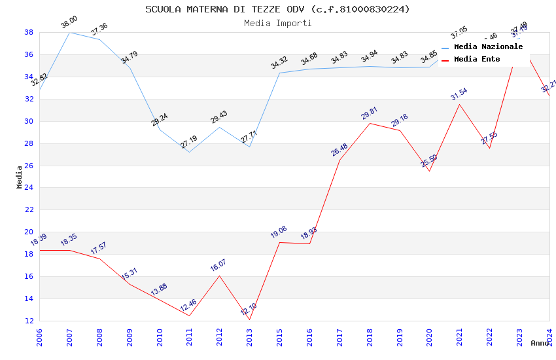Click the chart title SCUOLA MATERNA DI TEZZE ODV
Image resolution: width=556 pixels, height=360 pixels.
click(x=277, y=9)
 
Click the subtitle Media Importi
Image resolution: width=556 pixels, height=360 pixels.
click(x=277, y=23)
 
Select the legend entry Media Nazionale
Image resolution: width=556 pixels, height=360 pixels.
click(x=488, y=47)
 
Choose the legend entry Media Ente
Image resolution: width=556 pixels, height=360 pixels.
click(x=477, y=60)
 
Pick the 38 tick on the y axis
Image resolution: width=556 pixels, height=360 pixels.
click(x=29, y=32)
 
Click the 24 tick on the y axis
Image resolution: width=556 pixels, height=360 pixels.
click(x=29, y=188)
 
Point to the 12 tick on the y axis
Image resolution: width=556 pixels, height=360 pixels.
click(x=29, y=321)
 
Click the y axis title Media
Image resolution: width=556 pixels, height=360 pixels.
click(x=20, y=177)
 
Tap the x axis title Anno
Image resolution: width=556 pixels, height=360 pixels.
click(x=540, y=343)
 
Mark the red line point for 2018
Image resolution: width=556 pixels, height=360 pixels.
click(x=370, y=123)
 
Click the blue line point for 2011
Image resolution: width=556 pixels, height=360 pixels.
click(x=190, y=152)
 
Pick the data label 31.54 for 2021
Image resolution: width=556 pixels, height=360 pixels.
click(x=459, y=94)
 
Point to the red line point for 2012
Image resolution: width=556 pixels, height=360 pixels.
click(x=220, y=276)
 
